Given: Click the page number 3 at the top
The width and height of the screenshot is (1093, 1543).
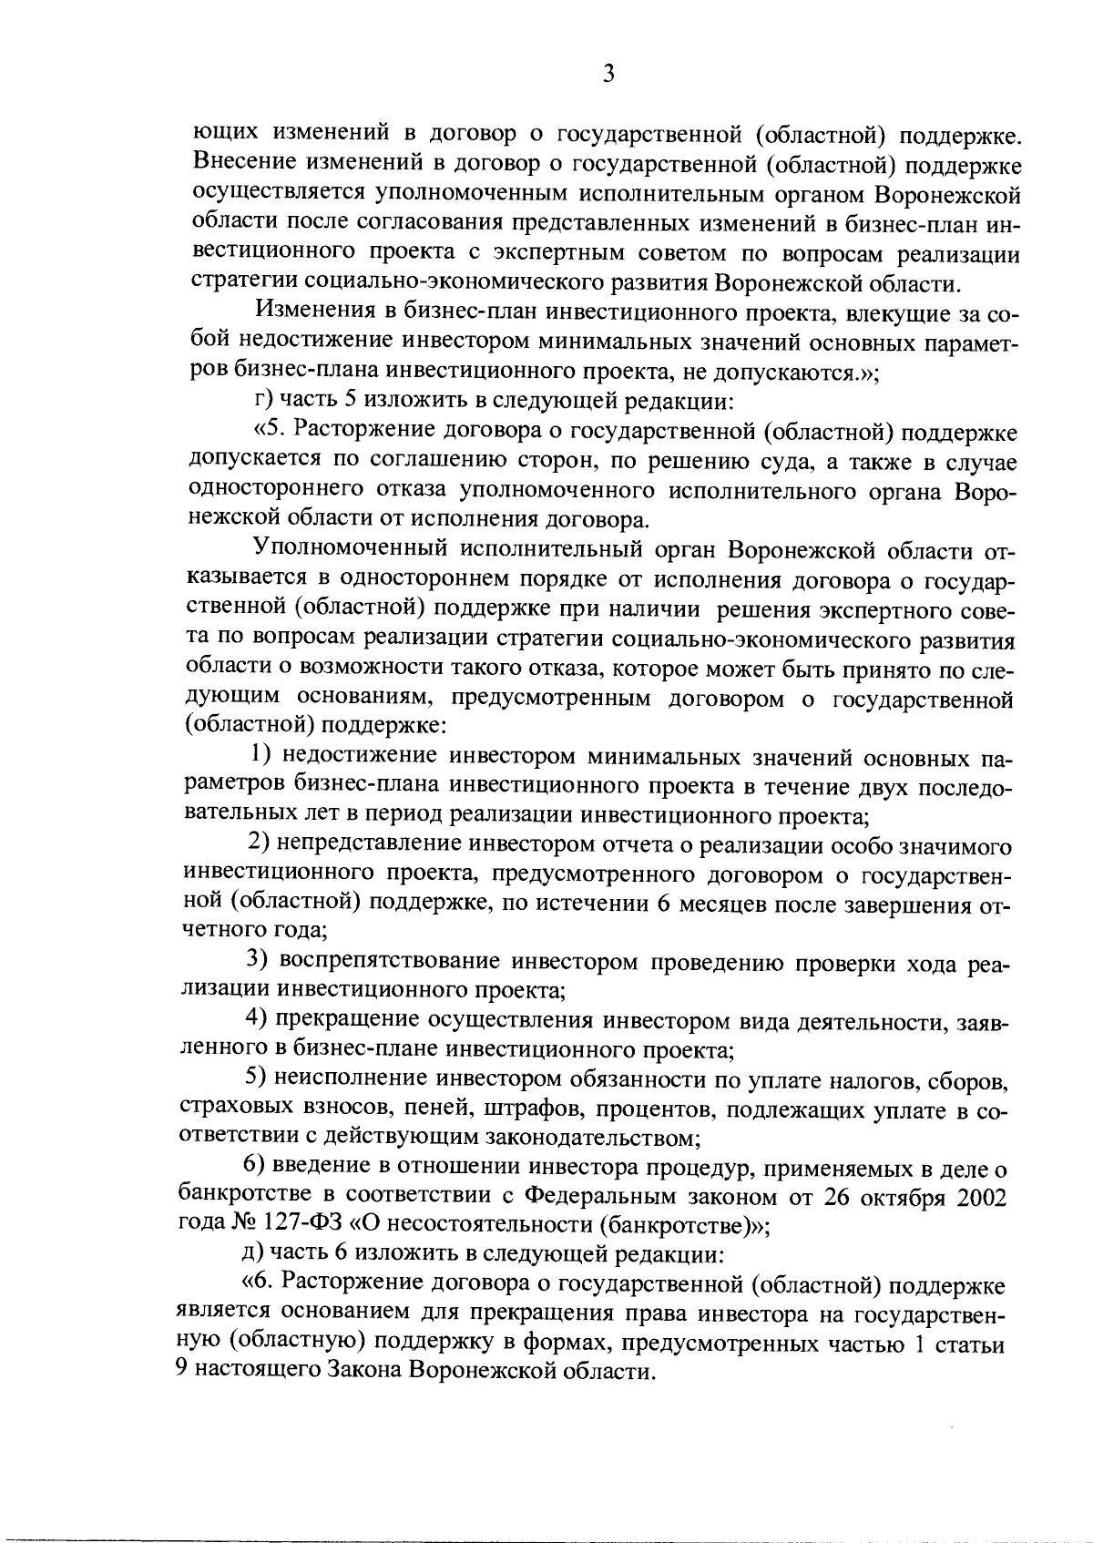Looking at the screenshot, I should click(x=608, y=74).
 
